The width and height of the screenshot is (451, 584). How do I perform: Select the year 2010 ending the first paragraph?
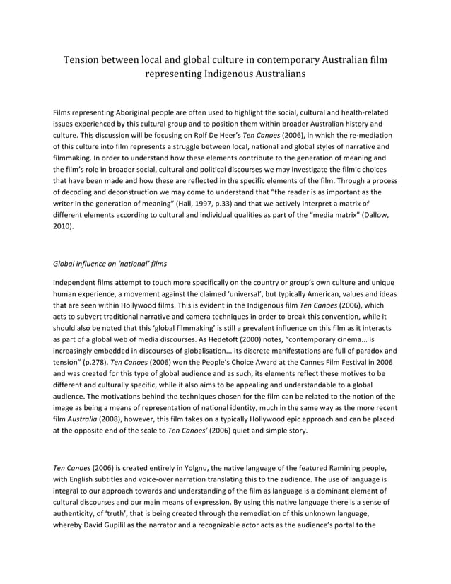pos(64,227)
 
